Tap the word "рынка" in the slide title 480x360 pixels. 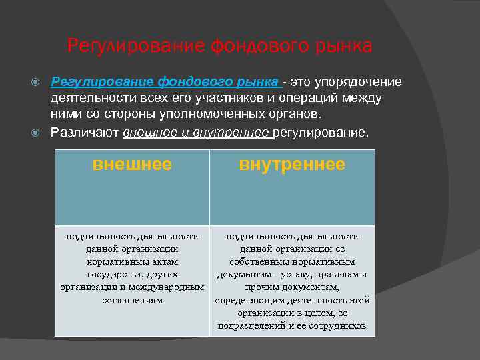click(343, 46)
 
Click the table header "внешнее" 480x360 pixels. click(132, 164)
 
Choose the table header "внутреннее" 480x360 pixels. click(292, 164)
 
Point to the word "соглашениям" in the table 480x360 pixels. click(132, 300)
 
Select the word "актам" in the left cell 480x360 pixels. click(163, 261)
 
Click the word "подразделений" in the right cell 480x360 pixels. click(250, 326)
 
